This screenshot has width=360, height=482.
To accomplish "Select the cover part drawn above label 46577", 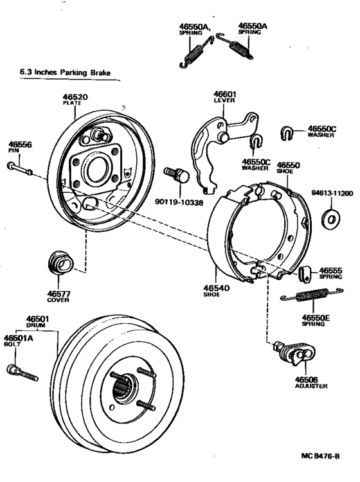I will [x=61, y=263].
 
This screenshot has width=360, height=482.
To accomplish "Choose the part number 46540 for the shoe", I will [x=218, y=289].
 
